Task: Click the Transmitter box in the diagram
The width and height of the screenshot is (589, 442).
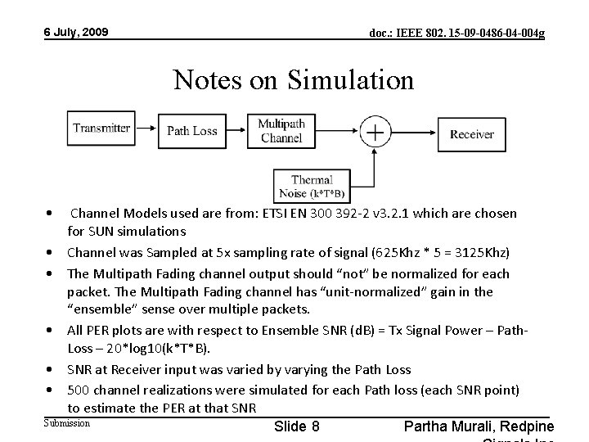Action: tap(101, 129)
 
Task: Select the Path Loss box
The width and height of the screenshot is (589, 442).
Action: tap(192, 131)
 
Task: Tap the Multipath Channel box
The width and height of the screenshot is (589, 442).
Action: tap(281, 131)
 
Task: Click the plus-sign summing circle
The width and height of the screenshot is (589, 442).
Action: tap(375, 132)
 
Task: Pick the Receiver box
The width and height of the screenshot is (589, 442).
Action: tap(472, 133)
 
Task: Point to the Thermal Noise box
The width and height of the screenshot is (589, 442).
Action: tap(312, 186)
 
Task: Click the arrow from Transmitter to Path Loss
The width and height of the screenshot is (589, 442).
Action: tap(146, 129)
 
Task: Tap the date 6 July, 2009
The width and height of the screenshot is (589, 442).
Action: tap(76, 33)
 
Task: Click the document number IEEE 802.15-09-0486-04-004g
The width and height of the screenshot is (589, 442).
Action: tap(456, 34)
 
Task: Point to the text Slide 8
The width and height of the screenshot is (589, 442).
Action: tap(297, 426)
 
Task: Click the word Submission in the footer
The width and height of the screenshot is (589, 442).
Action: tap(66, 422)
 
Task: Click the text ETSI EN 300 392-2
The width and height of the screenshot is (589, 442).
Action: tap(305, 214)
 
